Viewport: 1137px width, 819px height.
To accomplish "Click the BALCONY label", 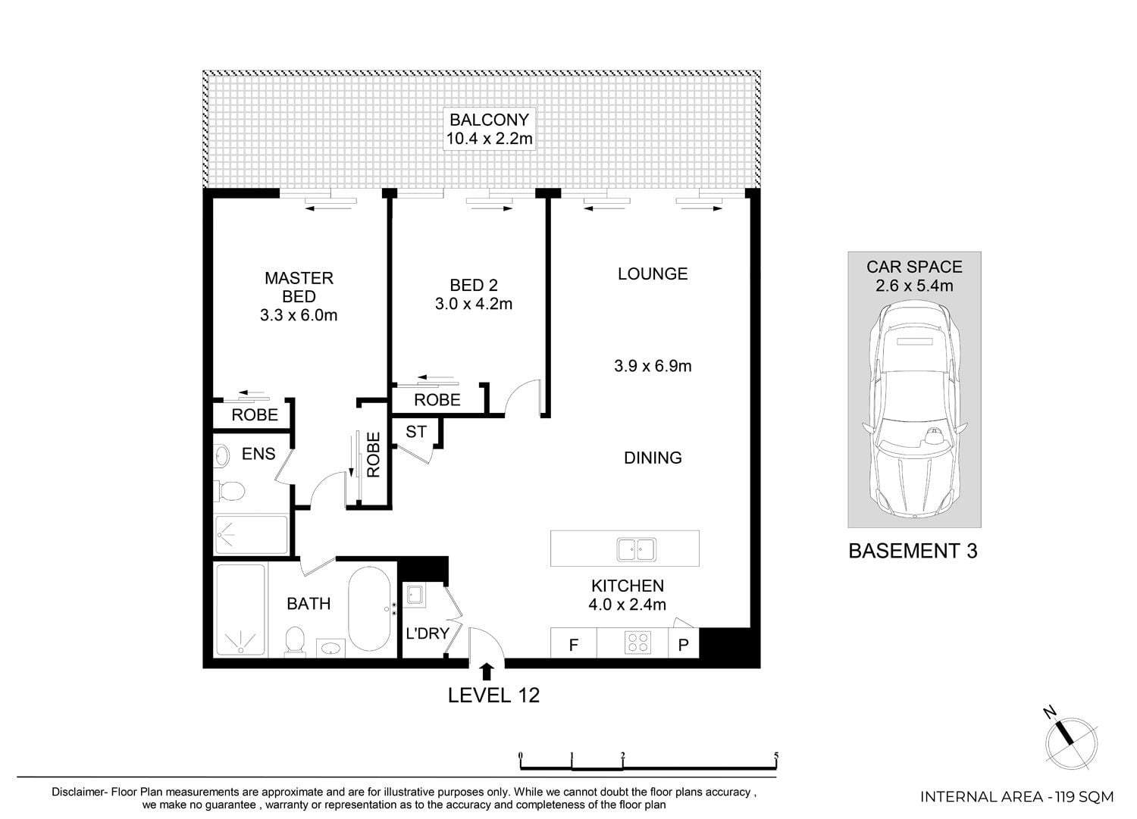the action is click(490, 120).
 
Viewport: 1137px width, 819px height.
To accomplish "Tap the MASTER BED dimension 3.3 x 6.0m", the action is click(299, 315).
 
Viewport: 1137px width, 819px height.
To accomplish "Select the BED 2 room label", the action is click(474, 285).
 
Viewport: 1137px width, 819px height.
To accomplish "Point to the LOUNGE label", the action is click(653, 274).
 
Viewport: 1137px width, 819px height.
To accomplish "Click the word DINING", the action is click(653, 458).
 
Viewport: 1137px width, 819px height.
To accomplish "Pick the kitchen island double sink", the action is click(637, 549).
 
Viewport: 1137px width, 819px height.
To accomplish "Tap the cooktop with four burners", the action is click(638, 642).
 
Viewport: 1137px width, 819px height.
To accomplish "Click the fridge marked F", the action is click(574, 643).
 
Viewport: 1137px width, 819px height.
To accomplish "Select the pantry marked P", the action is click(683, 643).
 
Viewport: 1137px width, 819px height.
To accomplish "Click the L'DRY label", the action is click(428, 634).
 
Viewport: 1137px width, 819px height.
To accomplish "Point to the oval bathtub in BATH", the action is click(369, 608).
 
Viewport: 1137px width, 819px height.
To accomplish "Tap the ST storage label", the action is click(416, 432).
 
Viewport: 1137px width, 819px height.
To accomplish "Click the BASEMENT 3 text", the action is click(913, 551).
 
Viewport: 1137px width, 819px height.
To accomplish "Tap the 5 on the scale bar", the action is click(776, 755).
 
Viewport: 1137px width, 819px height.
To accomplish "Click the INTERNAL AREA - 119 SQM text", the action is click(1016, 797).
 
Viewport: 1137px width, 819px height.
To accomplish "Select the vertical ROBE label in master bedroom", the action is click(373, 455).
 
